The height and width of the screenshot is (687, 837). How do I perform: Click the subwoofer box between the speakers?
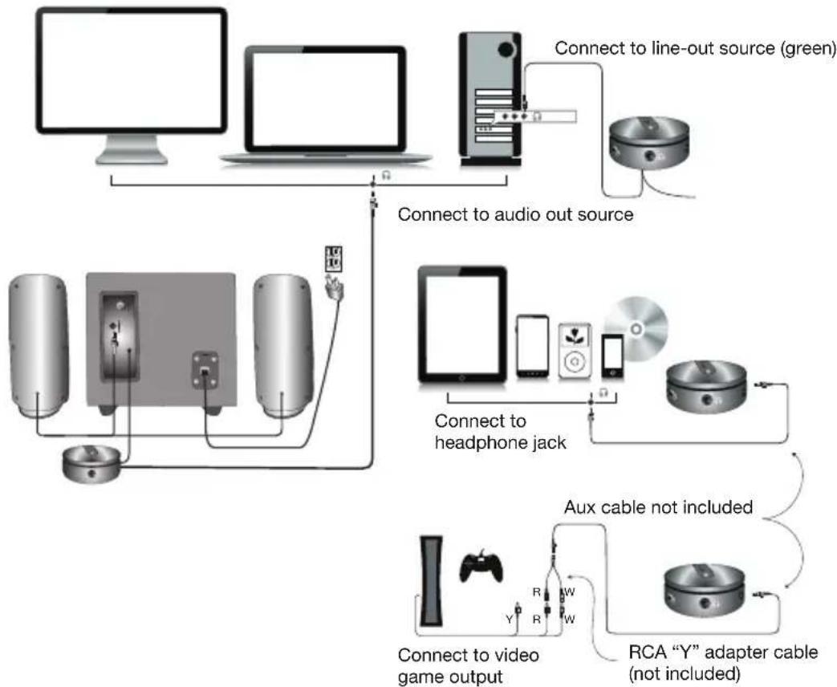click(160, 341)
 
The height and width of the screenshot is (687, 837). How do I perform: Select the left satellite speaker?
click(36, 345)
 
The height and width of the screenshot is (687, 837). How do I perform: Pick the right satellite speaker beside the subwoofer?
click(282, 345)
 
